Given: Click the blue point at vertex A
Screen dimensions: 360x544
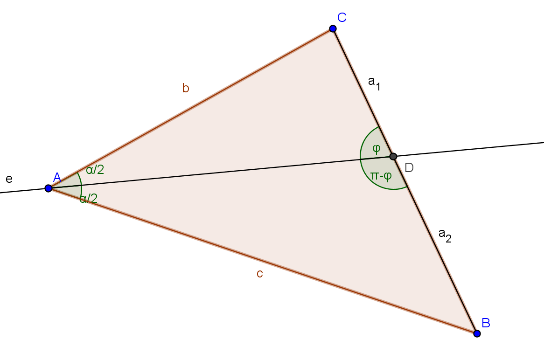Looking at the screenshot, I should [x=49, y=188].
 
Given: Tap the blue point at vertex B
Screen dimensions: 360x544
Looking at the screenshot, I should [x=477, y=333].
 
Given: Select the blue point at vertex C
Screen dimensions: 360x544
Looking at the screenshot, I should [x=333, y=29].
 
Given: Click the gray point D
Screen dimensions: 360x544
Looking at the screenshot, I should [x=393, y=156].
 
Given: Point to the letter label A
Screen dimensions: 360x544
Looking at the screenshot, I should [x=57, y=177].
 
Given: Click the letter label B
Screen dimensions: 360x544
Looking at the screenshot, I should [x=486, y=322].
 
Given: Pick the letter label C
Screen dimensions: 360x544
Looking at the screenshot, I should [x=342, y=18].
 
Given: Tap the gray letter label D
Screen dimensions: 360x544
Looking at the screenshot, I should [x=409, y=167].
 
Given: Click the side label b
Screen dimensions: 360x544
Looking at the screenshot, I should [x=186, y=88].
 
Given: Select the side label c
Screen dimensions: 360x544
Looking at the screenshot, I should [x=260, y=274].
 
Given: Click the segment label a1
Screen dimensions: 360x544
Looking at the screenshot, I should [x=375, y=83].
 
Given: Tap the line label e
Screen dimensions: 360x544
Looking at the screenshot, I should [x=8, y=179].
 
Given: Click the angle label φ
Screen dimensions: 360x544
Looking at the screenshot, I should [x=376, y=149].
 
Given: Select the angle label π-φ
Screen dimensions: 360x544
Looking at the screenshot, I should [x=381, y=176].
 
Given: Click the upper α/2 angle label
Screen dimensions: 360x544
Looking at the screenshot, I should [x=95, y=170].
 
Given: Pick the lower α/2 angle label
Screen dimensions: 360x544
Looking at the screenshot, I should [x=89, y=199].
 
